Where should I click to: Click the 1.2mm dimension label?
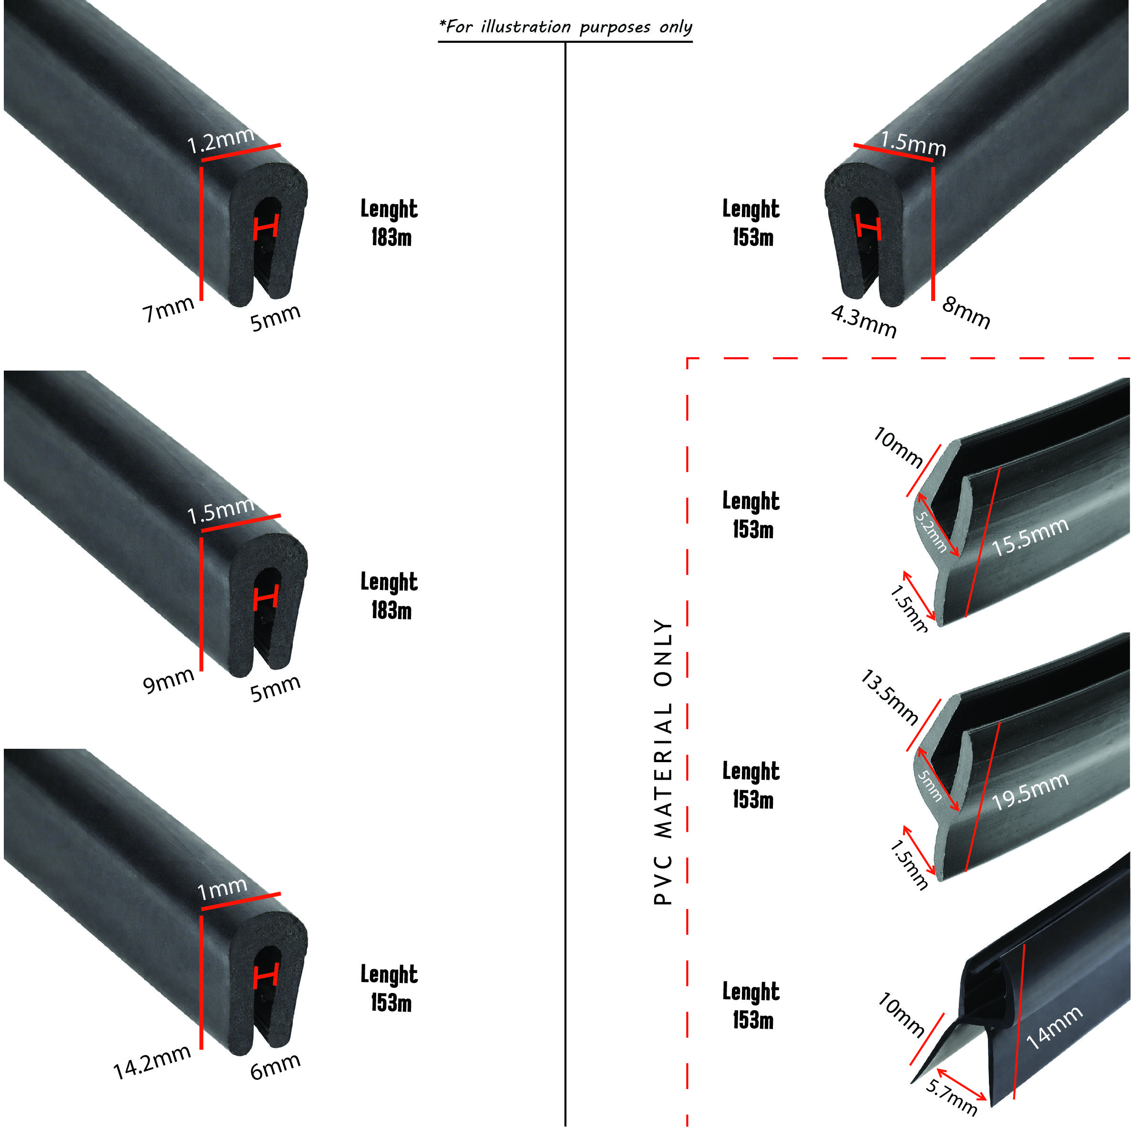[221, 141]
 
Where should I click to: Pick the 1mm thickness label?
[222, 889]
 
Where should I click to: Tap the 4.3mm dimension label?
[863, 321]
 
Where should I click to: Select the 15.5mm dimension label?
[1030, 536]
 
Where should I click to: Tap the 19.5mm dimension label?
[1030, 790]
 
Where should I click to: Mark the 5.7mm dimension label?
[951, 1096]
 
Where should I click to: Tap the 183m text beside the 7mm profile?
[391, 238]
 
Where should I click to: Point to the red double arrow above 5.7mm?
[961, 1084]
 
